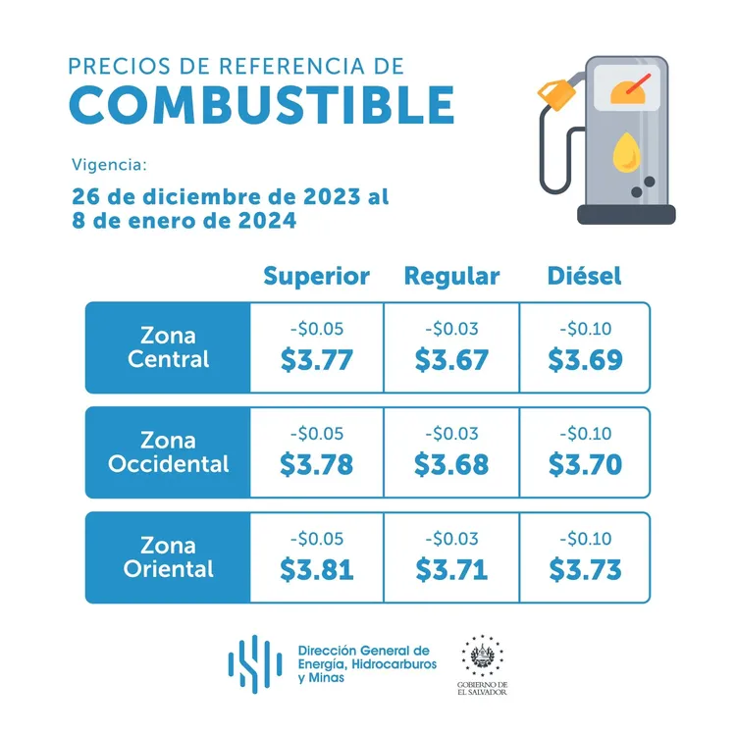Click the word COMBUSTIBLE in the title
click(263, 105)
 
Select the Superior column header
click(316, 276)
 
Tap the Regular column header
click(451, 276)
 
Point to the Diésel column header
click(584, 276)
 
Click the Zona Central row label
click(168, 347)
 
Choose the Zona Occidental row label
click(168, 452)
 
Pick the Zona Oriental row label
click(168, 556)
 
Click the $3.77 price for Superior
click(316, 359)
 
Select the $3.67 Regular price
click(451, 359)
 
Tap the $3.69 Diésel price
click(585, 359)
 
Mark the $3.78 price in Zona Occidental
click(316, 464)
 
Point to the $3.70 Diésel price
click(585, 464)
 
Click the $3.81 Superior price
click(316, 568)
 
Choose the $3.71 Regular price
click(451, 568)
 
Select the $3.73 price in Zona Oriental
click(585, 568)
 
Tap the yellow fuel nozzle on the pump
click(556, 94)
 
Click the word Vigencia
click(109, 163)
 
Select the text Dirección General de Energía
click(364, 657)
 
